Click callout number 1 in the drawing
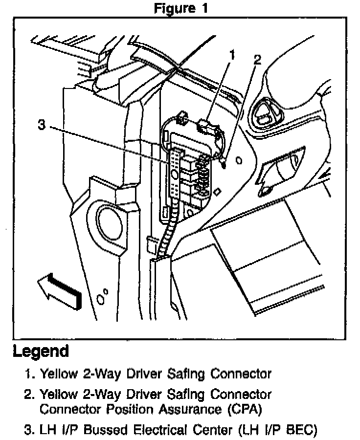click(x=233, y=55)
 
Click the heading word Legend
click(x=41, y=351)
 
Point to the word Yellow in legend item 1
click(x=59, y=374)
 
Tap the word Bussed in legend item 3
click(x=103, y=431)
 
